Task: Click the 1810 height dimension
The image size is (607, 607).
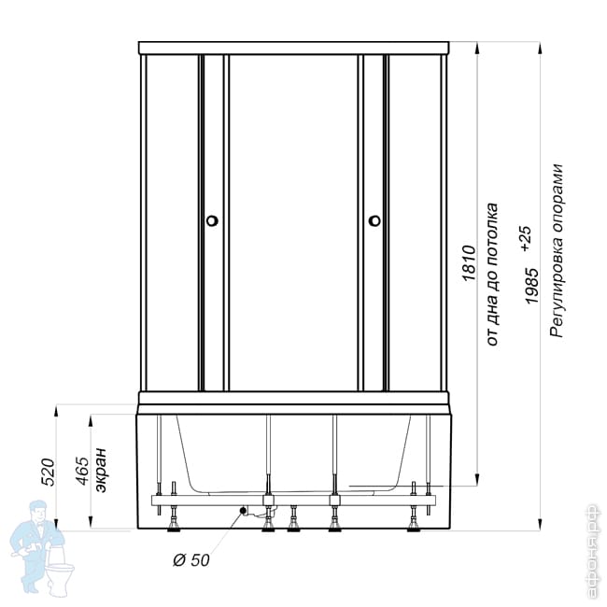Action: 468,262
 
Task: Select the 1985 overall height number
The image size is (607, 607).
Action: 531,286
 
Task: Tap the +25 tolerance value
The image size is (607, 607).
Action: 527,239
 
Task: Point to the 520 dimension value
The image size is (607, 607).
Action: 49,472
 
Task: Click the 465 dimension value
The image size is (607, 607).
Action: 82,471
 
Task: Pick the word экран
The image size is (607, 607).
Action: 100,470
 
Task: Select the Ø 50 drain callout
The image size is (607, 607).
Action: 191,559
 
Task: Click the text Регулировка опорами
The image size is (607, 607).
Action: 556,251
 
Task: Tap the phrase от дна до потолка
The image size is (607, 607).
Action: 491,274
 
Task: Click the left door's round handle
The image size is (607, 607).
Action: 212,220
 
